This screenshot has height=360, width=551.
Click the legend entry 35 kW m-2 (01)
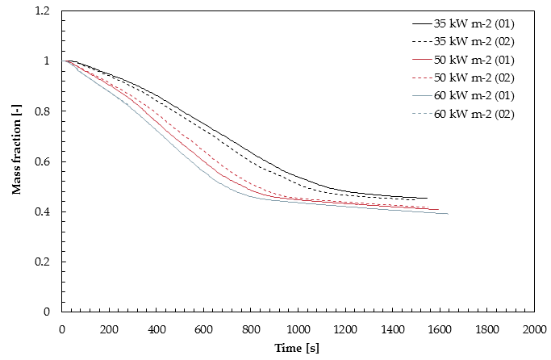click(463, 24)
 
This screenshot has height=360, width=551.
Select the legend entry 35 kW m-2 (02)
click(463, 42)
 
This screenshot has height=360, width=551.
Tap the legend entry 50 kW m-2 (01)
click(463, 60)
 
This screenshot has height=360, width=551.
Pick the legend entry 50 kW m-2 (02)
click(463, 78)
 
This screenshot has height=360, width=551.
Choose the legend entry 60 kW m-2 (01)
click(463, 96)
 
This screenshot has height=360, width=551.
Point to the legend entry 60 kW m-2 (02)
click(463, 115)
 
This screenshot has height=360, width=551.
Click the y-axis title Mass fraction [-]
click(16, 149)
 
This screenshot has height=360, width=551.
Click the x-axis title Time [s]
click(297, 349)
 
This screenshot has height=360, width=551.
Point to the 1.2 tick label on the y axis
click(42, 11)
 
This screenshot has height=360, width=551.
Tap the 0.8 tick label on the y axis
click(42, 111)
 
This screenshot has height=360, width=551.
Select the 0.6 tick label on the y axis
click(42, 161)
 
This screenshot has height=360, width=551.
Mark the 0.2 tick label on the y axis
click(42, 262)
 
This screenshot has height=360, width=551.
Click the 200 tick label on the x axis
click(109, 330)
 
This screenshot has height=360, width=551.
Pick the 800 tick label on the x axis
click(251, 330)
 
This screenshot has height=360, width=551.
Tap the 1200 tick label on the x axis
click(345, 330)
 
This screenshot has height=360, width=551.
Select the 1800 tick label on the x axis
click(486, 330)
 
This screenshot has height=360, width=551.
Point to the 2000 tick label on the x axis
click(534, 330)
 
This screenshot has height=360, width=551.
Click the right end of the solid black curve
click(427, 198)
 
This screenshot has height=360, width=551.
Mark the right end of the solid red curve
click(439, 210)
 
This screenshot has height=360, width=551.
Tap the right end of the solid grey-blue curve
click(448, 214)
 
